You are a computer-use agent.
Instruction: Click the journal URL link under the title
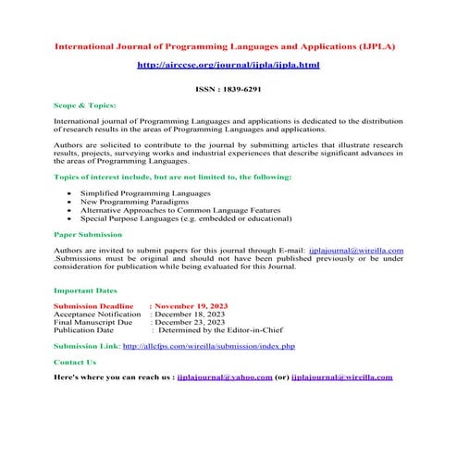pos(228,66)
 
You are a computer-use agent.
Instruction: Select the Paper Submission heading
pos(88,235)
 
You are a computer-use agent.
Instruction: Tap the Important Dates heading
pos(85,290)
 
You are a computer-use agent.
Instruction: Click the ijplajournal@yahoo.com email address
pos(224,377)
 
